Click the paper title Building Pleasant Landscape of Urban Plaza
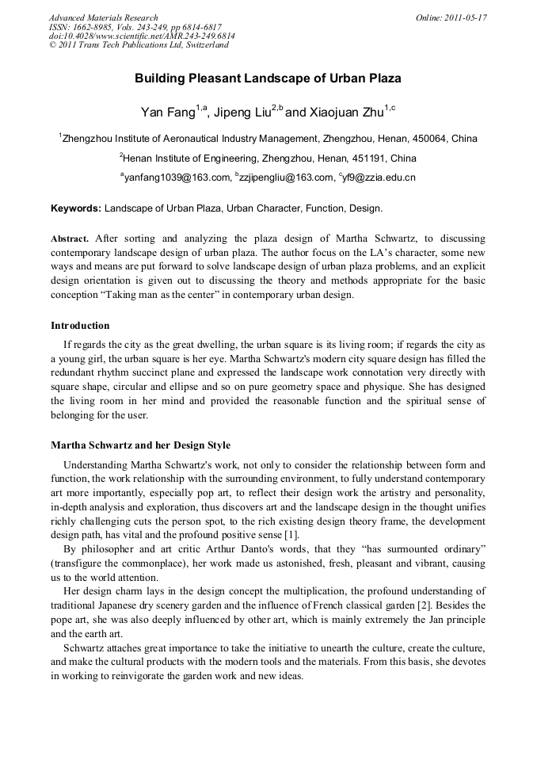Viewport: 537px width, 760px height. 268,78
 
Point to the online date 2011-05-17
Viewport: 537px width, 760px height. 463,17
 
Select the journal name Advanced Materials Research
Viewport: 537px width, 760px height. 103,17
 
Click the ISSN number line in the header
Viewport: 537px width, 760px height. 135,27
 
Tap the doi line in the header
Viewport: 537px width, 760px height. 142,36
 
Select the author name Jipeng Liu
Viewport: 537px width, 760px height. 242,111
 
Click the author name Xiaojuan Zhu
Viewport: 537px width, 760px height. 341,111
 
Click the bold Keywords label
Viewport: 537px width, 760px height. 76,209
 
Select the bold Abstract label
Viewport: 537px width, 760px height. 70,239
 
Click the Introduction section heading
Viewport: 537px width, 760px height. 80,326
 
